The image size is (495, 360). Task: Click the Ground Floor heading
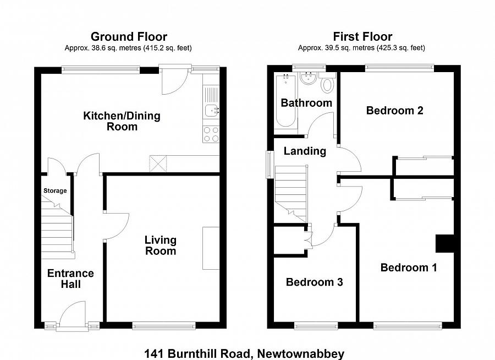click(x=128, y=37)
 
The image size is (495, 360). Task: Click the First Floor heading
click(x=362, y=37)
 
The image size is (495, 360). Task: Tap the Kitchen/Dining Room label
click(x=122, y=121)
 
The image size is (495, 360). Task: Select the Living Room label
click(x=161, y=246)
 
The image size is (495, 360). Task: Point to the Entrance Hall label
click(x=70, y=279)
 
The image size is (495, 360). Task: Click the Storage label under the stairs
click(x=55, y=191)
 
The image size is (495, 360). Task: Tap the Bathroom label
click(x=306, y=103)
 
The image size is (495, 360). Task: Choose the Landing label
click(x=305, y=151)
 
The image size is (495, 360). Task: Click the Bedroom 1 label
click(x=409, y=268)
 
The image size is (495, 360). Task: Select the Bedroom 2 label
click(x=394, y=110)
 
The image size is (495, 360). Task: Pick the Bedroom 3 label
click(x=314, y=282)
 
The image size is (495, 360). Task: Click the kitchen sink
click(x=211, y=111)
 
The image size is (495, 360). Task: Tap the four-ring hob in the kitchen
click(x=211, y=134)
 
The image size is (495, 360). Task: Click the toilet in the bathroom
click(x=328, y=84)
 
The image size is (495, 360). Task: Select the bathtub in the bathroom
click(x=284, y=102)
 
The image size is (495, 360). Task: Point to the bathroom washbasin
click(x=307, y=79)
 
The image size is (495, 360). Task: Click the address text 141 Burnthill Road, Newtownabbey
click(x=244, y=353)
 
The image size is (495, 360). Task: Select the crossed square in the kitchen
click(x=158, y=163)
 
